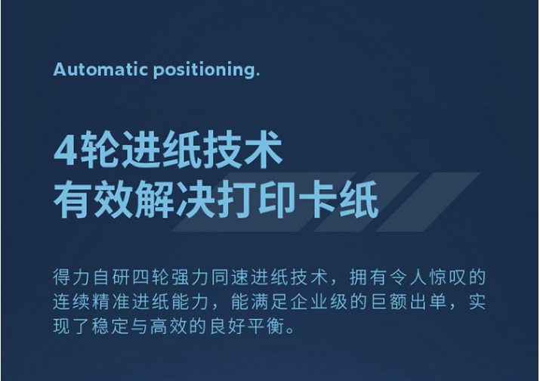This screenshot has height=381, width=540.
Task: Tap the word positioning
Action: pos(206,70)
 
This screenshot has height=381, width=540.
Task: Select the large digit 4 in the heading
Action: pos(65,150)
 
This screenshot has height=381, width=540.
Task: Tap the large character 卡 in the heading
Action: pos(318,200)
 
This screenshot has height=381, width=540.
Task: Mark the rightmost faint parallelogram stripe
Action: pos(428,202)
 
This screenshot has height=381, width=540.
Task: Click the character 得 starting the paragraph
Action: pos(62,277)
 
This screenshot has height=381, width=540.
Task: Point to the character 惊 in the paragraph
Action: pos(438,277)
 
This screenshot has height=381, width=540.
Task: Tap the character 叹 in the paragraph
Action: pos(458,277)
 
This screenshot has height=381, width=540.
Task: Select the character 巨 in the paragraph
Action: pos(379,302)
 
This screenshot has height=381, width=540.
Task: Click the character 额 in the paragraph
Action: pos(399,302)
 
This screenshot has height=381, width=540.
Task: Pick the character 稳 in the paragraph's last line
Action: pos(101,326)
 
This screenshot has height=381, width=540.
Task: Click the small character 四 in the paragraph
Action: pos(140,277)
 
